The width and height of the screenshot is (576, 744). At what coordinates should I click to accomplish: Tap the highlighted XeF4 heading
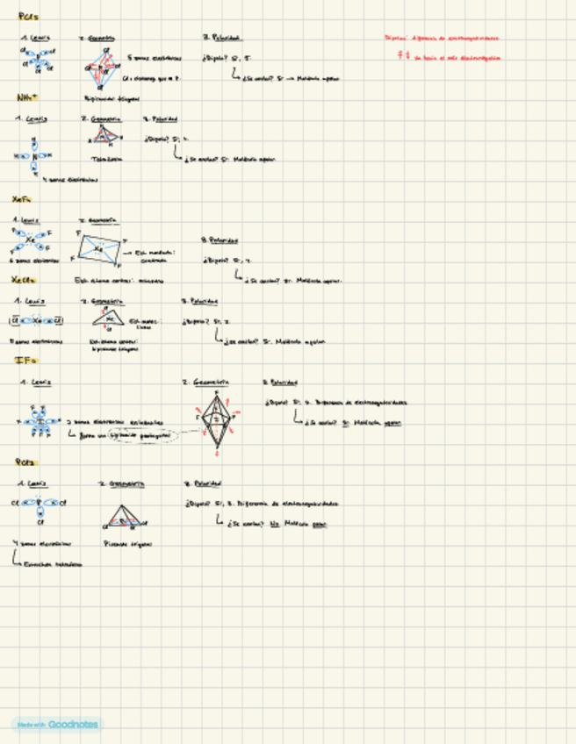(x=24, y=200)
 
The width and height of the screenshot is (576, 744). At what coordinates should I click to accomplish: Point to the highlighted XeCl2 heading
(x=25, y=280)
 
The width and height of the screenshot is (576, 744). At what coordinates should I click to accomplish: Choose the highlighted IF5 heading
(x=25, y=360)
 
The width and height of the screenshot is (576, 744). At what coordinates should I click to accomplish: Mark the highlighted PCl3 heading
(x=25, y=462)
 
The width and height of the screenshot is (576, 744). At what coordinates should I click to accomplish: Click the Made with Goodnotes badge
(x=56, y=725)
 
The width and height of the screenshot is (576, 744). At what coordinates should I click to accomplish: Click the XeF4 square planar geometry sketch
(x=101, y=248)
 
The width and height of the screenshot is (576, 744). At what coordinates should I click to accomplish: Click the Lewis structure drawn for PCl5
(x=38, y=59)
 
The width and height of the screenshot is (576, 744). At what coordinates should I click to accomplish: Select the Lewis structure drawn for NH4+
(x=33, y=156)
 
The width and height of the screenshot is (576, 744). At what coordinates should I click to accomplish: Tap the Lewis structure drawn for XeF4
(x=33, y=240)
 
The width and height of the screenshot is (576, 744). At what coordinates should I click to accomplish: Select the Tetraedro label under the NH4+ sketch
(x=106, y=159)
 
